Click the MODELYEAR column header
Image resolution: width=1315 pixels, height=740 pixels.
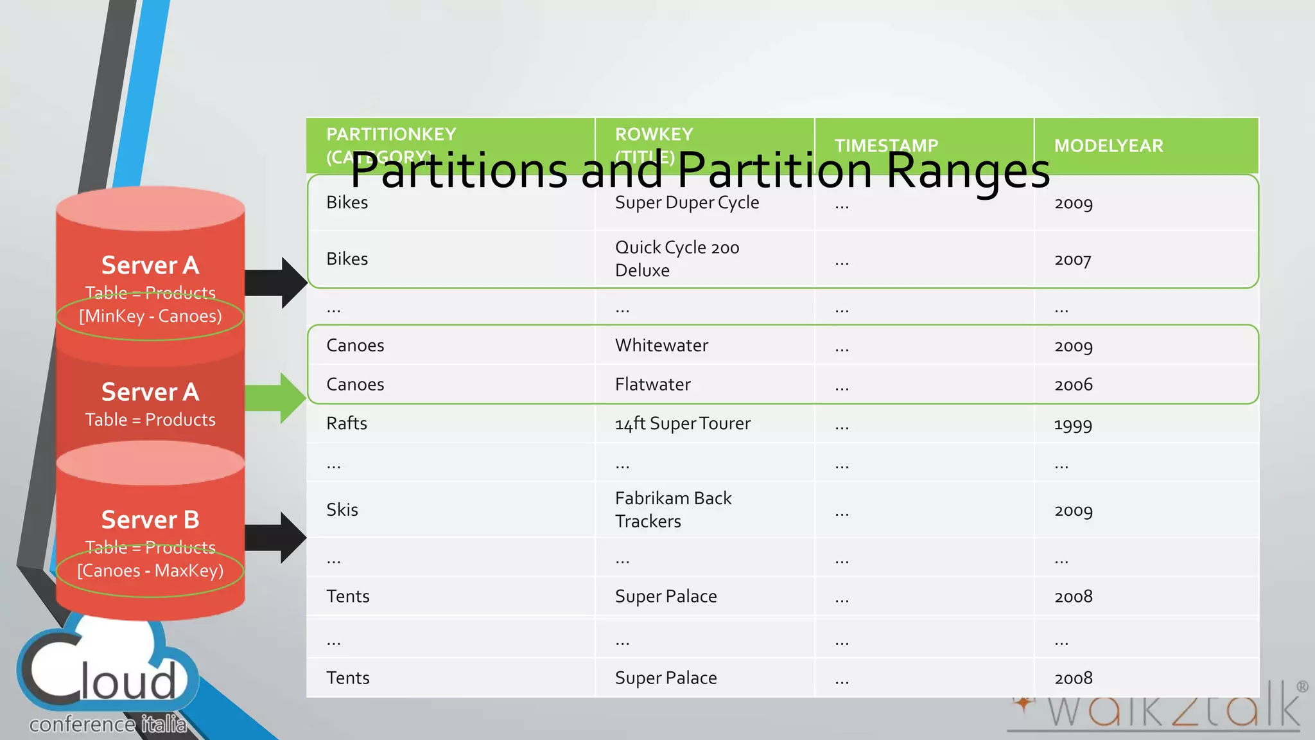[x=1108, y=146]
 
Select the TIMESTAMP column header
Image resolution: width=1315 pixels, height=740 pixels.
[x=886, y=146]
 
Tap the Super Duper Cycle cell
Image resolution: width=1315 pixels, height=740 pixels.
[x=686, y=203]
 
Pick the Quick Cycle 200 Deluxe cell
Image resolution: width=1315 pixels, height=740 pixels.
[x=677, y=259]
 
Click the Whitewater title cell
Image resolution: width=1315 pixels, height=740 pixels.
[x=661, y=346]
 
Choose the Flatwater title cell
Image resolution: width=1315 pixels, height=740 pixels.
[x=652, y=385]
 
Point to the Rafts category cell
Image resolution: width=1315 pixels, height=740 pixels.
[x=347, y=423]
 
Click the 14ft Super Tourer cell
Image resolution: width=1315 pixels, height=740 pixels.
[x=683, y=424]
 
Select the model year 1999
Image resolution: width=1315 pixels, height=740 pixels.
[x=1073, y=425]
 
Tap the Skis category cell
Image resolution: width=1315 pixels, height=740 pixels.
[x=342, y=510]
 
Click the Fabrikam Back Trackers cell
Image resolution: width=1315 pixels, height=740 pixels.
[x=673, y=510]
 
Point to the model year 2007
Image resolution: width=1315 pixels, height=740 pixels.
[x=1072, y=260]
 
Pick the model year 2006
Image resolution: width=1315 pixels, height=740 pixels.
[x=1073, y=385]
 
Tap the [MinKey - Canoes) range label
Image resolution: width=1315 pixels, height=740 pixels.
[x=150, y=316]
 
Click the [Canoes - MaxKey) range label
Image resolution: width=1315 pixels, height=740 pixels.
[x=150, y=570]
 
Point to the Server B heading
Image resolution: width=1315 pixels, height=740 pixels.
[x=150, y=520]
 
